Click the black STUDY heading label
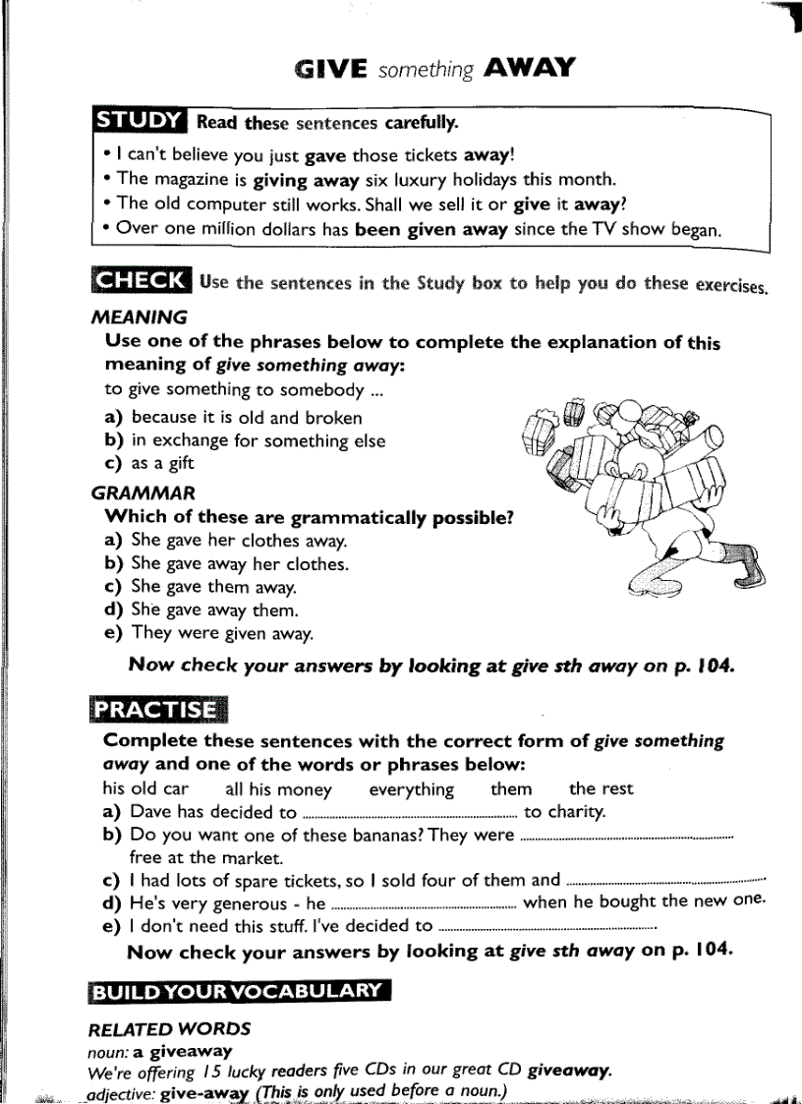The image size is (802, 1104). coord(139,122)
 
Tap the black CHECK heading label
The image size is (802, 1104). coord(139,280)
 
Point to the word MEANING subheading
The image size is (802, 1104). coord(139,318)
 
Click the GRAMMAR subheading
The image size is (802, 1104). coord(143,493)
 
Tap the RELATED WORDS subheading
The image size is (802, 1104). coord(169,1029)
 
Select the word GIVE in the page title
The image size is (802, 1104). coord(330,69)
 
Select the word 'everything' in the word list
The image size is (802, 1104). coord(411,789)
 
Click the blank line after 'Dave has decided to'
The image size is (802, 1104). coord(410,814)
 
